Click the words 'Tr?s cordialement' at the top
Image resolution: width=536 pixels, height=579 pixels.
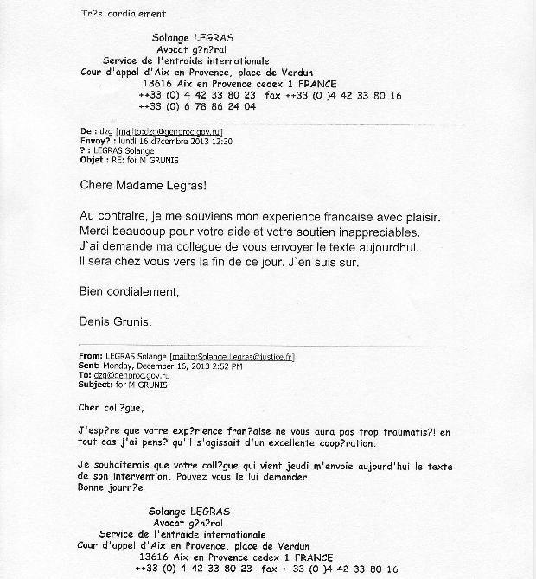[123, 15]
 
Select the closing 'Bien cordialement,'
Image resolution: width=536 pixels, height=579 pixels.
[129, 291]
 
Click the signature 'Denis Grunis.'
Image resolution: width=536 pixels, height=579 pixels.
[114, 321]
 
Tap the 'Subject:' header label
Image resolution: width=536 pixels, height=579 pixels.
[98, 385]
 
